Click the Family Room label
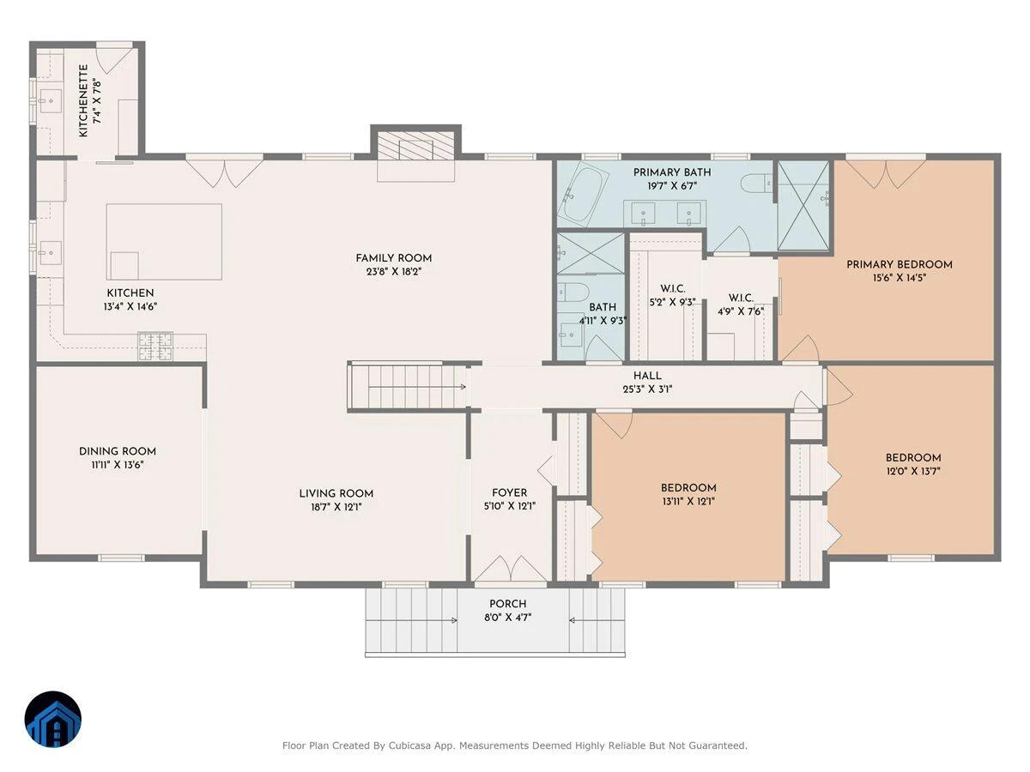tap(393, 258)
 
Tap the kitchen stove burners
tap(154, 347)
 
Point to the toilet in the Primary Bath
tap(756, 183)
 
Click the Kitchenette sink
tap(50, 100)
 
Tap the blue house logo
tap(53, 719)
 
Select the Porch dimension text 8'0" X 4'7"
tap(507, 618)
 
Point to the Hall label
tap(647, 376)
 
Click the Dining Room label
tap(118, 451)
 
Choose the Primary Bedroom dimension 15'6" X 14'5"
tap(899, 277)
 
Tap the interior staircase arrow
tap(416, 387)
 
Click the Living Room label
tap(336, 493)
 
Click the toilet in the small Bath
tap(573, 293)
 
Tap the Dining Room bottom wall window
tap(121, 558)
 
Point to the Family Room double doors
tap(224, 173)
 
